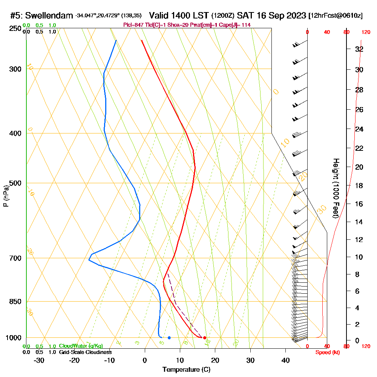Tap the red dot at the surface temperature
pyautogui.click(x=204, y=338)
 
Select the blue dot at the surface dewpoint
pyautogui.click(x=169, y=338)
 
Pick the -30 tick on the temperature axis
pyautogui.click(x=39, y=360)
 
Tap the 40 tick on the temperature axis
pyautogui.click(x=286, y=360)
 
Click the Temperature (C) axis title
pyautogui.click(x=186, y=369)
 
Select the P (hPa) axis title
pyautogui.click(x=6, y=196)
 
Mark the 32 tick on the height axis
pyautogui.click(x=359, y=49)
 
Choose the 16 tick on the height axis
pyautogui.click(x=359, y=204)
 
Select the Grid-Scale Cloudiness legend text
pyautogui.click(x=85, y=352)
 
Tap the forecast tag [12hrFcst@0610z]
pyautogui.click(x=335, y=16)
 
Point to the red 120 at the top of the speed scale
pyautogui.click(x=365, y=32)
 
